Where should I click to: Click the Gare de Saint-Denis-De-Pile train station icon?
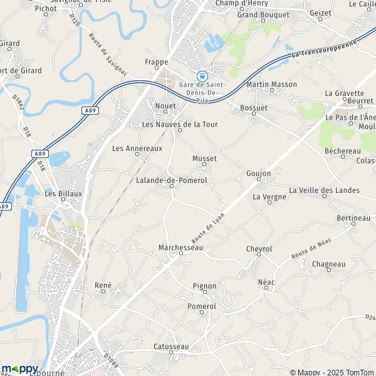pyautogui.click(x=202, y=75)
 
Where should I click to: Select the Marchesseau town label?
pyautogui.click(x=181, y=248)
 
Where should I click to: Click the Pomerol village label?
pyautogui.click(x=202, y=306)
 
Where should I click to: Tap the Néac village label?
pyautogui.click(x=267, y=283)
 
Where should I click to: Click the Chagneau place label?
pyautogui.click(x=328, y=264)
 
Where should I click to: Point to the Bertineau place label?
pyautogui.click(x=353, y=217)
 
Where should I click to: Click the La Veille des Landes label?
pyautogui.click(x=324, y=190)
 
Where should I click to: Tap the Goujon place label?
pyautogui.click(x=258, y=172)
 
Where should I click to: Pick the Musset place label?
pyautogui.click(x=204, y=159)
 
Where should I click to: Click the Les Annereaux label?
pyautogui.click(x=137, y=149)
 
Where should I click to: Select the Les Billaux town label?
pyautogui.click(x=63, y=194)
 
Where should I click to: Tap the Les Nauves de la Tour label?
pyautogui.click(x=180, y=124)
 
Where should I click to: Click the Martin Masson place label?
pyautogui.click(x=271, y=84)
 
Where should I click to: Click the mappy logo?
pyautogui.click(x=20, y=368)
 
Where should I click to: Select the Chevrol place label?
pyautogui.click(x=259, y=249)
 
